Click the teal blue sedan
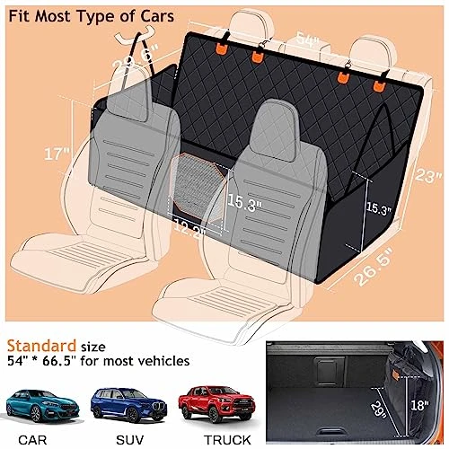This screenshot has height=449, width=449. (x=42, y=406)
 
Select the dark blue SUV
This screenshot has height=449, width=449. (x=128, y=405)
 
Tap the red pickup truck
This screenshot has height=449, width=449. (x=216, y=403)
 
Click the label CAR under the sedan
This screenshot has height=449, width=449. (x=32, y=440)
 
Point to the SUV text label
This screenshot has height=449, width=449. (x=129, y=440)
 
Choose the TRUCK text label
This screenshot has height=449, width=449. (x=227, y=440)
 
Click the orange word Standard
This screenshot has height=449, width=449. (x=41, y=346)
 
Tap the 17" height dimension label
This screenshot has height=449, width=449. (x=57, y=154)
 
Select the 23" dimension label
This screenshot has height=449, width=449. (x=428, y=174)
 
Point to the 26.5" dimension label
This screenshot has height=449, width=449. (x=373, y=267)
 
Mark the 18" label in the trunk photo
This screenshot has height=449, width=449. (x=419, y=406)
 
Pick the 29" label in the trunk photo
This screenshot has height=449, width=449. (x=378, y=410)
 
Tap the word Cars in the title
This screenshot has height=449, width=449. (x=157, y=16)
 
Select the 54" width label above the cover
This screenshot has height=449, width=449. (x=308, y=40)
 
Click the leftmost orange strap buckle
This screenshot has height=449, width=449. (x=221, y=48)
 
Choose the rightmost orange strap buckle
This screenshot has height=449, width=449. (x=379, y=85)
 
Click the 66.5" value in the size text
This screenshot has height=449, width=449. (x=58, y=361)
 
